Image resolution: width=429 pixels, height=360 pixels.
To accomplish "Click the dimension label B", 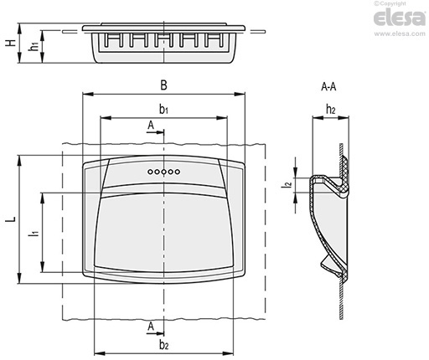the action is [x=163, y=85].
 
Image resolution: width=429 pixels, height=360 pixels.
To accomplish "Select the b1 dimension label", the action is [x=163, y=110].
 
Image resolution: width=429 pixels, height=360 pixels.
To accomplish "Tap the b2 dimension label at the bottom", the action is [x=164, y=345].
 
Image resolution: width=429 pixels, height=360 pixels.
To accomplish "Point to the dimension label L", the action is [x=11, y=219].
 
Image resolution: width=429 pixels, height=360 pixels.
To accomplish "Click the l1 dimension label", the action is [x=34, y=233].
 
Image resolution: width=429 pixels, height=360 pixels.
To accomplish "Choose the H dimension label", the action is [x=11, y=43].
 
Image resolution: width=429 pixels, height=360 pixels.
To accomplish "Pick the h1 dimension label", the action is [x=34, y=46].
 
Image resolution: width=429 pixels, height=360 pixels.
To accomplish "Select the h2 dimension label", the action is [x=330, y=110].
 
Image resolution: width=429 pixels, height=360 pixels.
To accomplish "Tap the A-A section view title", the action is [x=328, y=87].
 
